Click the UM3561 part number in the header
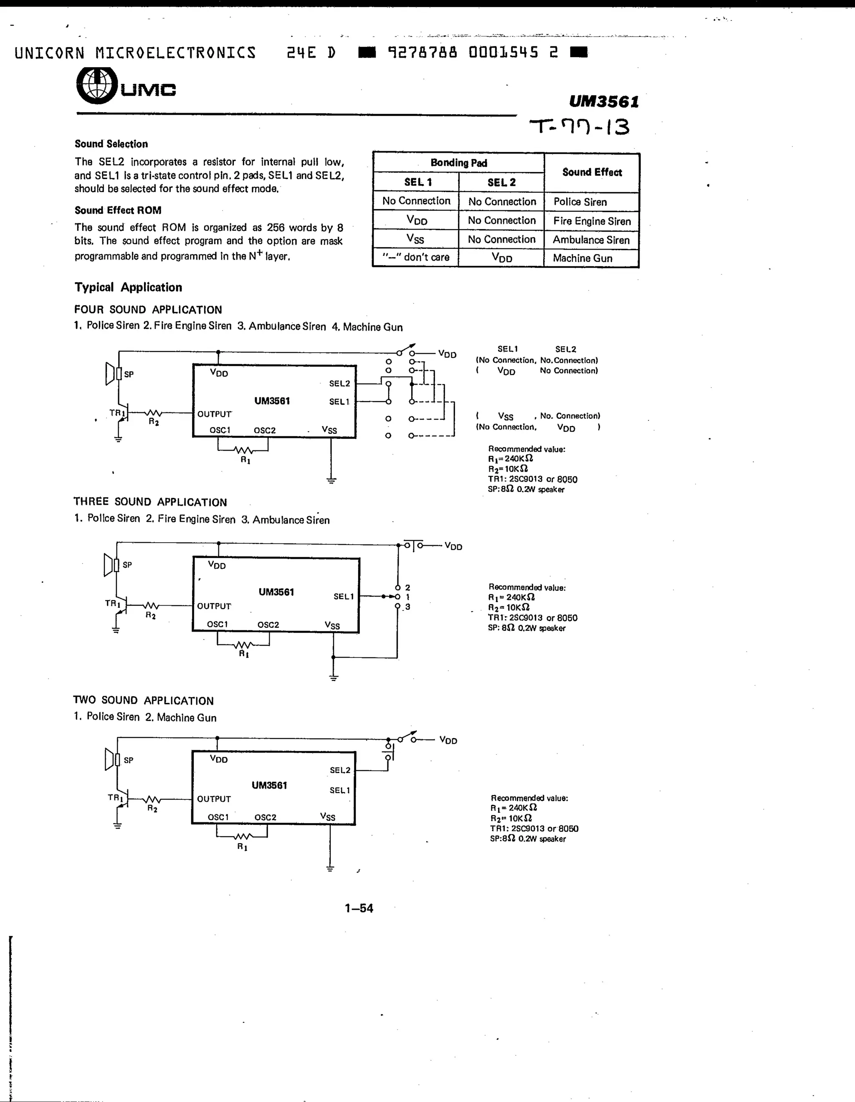point(604,102)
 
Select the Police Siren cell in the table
point(580,202)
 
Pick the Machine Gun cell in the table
point(582,258)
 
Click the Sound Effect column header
point(592,172)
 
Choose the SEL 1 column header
point(417,182)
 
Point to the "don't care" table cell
point(415,257)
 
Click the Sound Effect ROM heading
point(118,210)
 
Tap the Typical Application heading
point(128,287)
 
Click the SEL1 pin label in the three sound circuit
point(344,596)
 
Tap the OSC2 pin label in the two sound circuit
point(265,817)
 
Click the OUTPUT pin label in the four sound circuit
point(215,414)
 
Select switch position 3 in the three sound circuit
point(407,607)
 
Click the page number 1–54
point(359,908)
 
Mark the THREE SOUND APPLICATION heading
point(150,502)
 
